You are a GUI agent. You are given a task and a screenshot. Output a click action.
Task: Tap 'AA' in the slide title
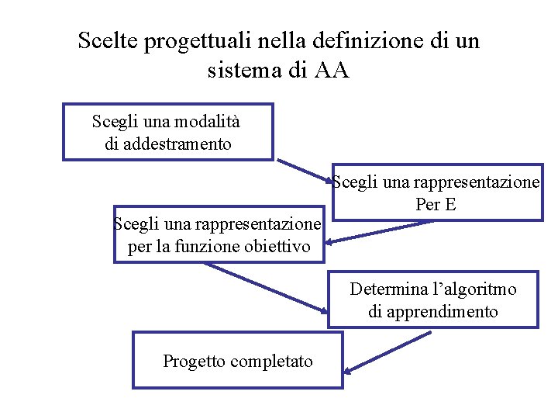tap(332, 71)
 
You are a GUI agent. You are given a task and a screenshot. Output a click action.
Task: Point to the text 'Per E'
tap(436, 205)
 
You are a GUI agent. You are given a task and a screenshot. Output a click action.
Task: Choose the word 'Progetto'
tap(193, 361)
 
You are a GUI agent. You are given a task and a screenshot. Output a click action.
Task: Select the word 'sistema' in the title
tap(241, 71)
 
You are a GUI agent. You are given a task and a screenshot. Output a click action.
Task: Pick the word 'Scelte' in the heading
tap(108, 42)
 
